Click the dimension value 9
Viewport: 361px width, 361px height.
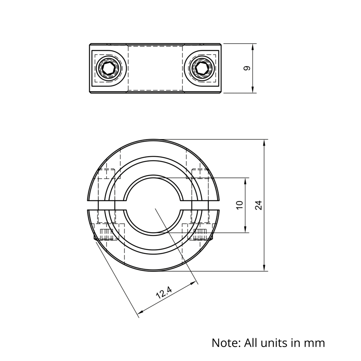(247, 68)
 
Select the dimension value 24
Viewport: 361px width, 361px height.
(258, 205)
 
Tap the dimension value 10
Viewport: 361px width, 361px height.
(239, 205)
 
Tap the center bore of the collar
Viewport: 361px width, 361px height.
(155, 205)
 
